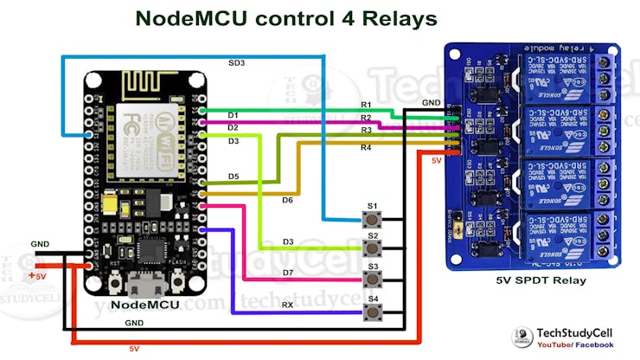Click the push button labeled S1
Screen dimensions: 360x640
coord(373,217)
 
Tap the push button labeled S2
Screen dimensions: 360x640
coord(373,247)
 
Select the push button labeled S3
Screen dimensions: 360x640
coord(373,279)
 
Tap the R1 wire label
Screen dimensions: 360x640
coord(366,105)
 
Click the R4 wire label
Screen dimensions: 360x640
coord(366,148)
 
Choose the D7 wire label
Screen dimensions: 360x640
coord(287,273)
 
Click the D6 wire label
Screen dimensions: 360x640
coord(287,200)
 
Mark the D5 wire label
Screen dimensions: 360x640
coord(234,177)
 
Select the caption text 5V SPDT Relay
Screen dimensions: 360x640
coord(541,280)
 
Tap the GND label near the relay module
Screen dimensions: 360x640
coord(431,102)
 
